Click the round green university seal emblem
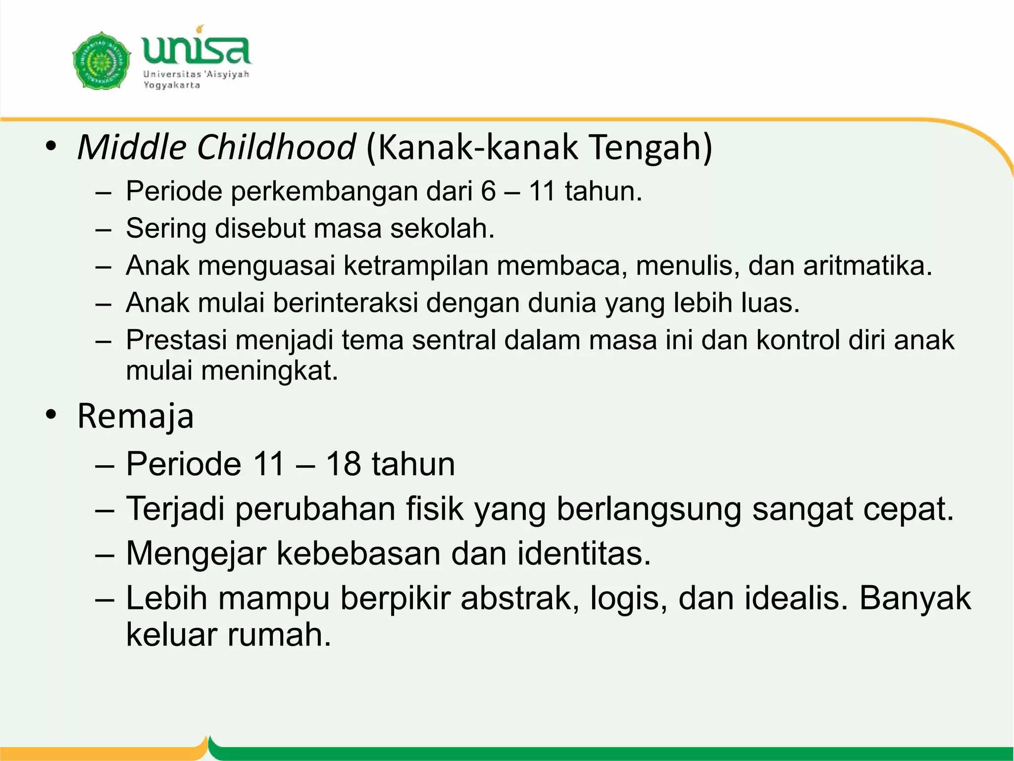click(x=101, y=61)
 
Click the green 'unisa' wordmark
click(x=197, y=50)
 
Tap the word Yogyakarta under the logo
click(x=171, y=85)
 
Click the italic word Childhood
click(x=276, y=147)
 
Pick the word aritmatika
click(x=867, y=266)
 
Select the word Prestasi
click(x=177, y=340)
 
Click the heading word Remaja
click(x=135, y=416)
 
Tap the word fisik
click(x=435, y=509)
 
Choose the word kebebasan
click(x=358, y=553)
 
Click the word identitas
click(x=584, y=553)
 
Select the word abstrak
click(x=519, y=598)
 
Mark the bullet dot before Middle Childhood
click(x=51, y=147)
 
